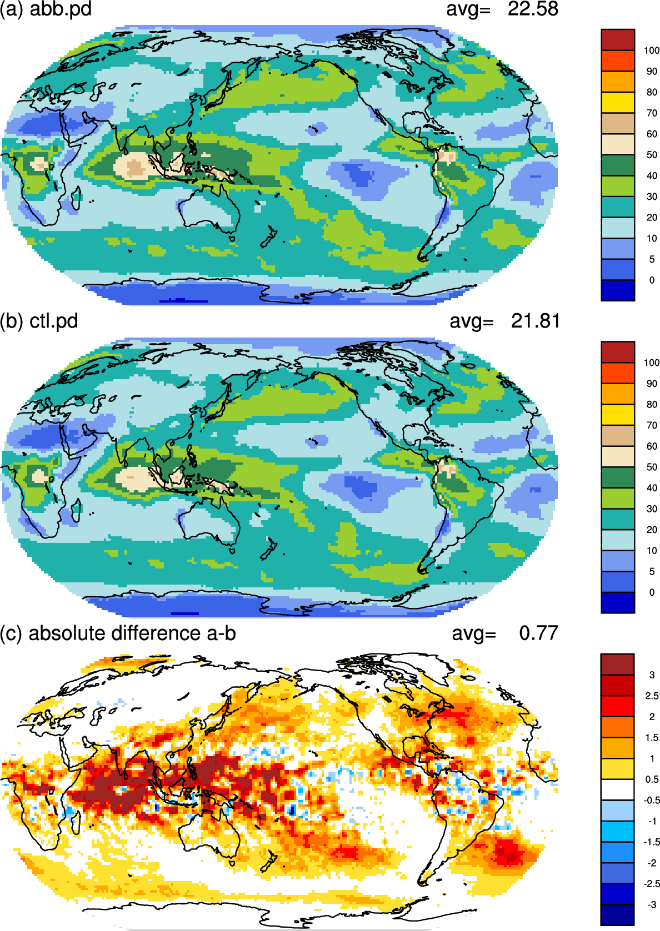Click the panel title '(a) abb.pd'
(x=46, y=9)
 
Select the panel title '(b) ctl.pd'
(x=39, y=321)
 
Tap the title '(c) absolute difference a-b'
(x=118, y=633)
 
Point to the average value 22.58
(x=533, y=9)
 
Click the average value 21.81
(x=535, y=321)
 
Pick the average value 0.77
(x=538, y=633)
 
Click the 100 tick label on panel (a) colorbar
(x=651, y=51)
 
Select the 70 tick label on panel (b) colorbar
(x=652, y=425)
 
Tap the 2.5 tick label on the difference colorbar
(x=652, y=696)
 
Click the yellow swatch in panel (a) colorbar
(x=618, y=102)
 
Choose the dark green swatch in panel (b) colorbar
(x=618, y=477)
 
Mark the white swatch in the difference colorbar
(x=618, y=789)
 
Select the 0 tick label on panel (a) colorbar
(x=652, y=280)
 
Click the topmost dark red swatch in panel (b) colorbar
(x=618, y=352)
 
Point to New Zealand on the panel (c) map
(x=269, y=864)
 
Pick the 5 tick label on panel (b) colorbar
(x=652, y=571)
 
